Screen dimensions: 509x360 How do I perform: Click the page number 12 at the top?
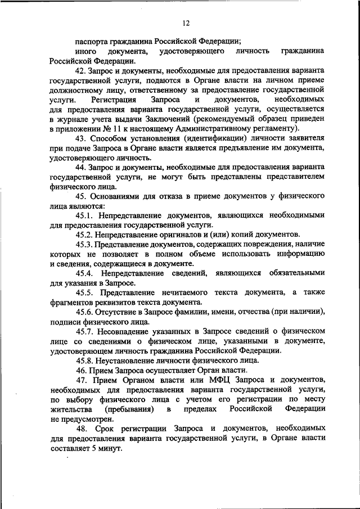tap(186, 23)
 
